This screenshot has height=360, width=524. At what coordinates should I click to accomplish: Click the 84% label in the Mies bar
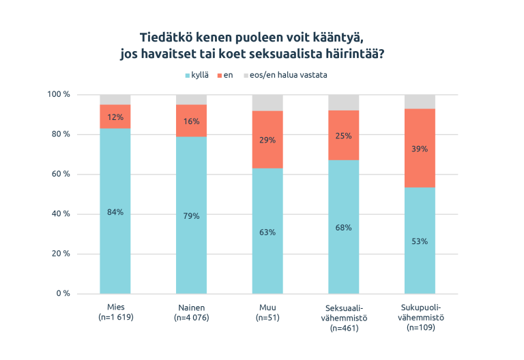click(115, 212)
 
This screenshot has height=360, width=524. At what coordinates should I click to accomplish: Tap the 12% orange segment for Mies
click(115, 117)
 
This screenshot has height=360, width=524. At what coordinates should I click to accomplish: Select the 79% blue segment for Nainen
click(191, 216)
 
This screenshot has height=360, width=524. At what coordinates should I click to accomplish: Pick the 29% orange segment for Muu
click(267, 139)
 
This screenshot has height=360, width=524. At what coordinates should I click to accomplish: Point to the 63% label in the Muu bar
click(267, 232)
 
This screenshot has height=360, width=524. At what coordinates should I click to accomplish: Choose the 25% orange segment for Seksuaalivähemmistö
click(343, 136)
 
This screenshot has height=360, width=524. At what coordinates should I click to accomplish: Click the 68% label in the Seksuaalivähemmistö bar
click(343, 227)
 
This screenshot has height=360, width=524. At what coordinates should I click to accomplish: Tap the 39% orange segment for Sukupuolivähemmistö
click(420, 148)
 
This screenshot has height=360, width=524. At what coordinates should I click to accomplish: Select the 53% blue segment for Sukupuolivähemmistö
click(420, 241)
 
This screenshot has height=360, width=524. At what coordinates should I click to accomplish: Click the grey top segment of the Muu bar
click(267, 102)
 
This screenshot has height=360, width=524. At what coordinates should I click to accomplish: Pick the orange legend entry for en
click(224, 75)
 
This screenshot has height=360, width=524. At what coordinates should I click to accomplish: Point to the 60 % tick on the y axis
click(61, 174)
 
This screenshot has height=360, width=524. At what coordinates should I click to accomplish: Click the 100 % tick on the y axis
click(59, 94)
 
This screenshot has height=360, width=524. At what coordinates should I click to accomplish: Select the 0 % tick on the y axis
click(63, 293)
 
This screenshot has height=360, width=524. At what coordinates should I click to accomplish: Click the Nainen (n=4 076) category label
click(191, 312)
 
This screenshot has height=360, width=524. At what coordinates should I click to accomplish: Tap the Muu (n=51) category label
click(267, 312)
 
